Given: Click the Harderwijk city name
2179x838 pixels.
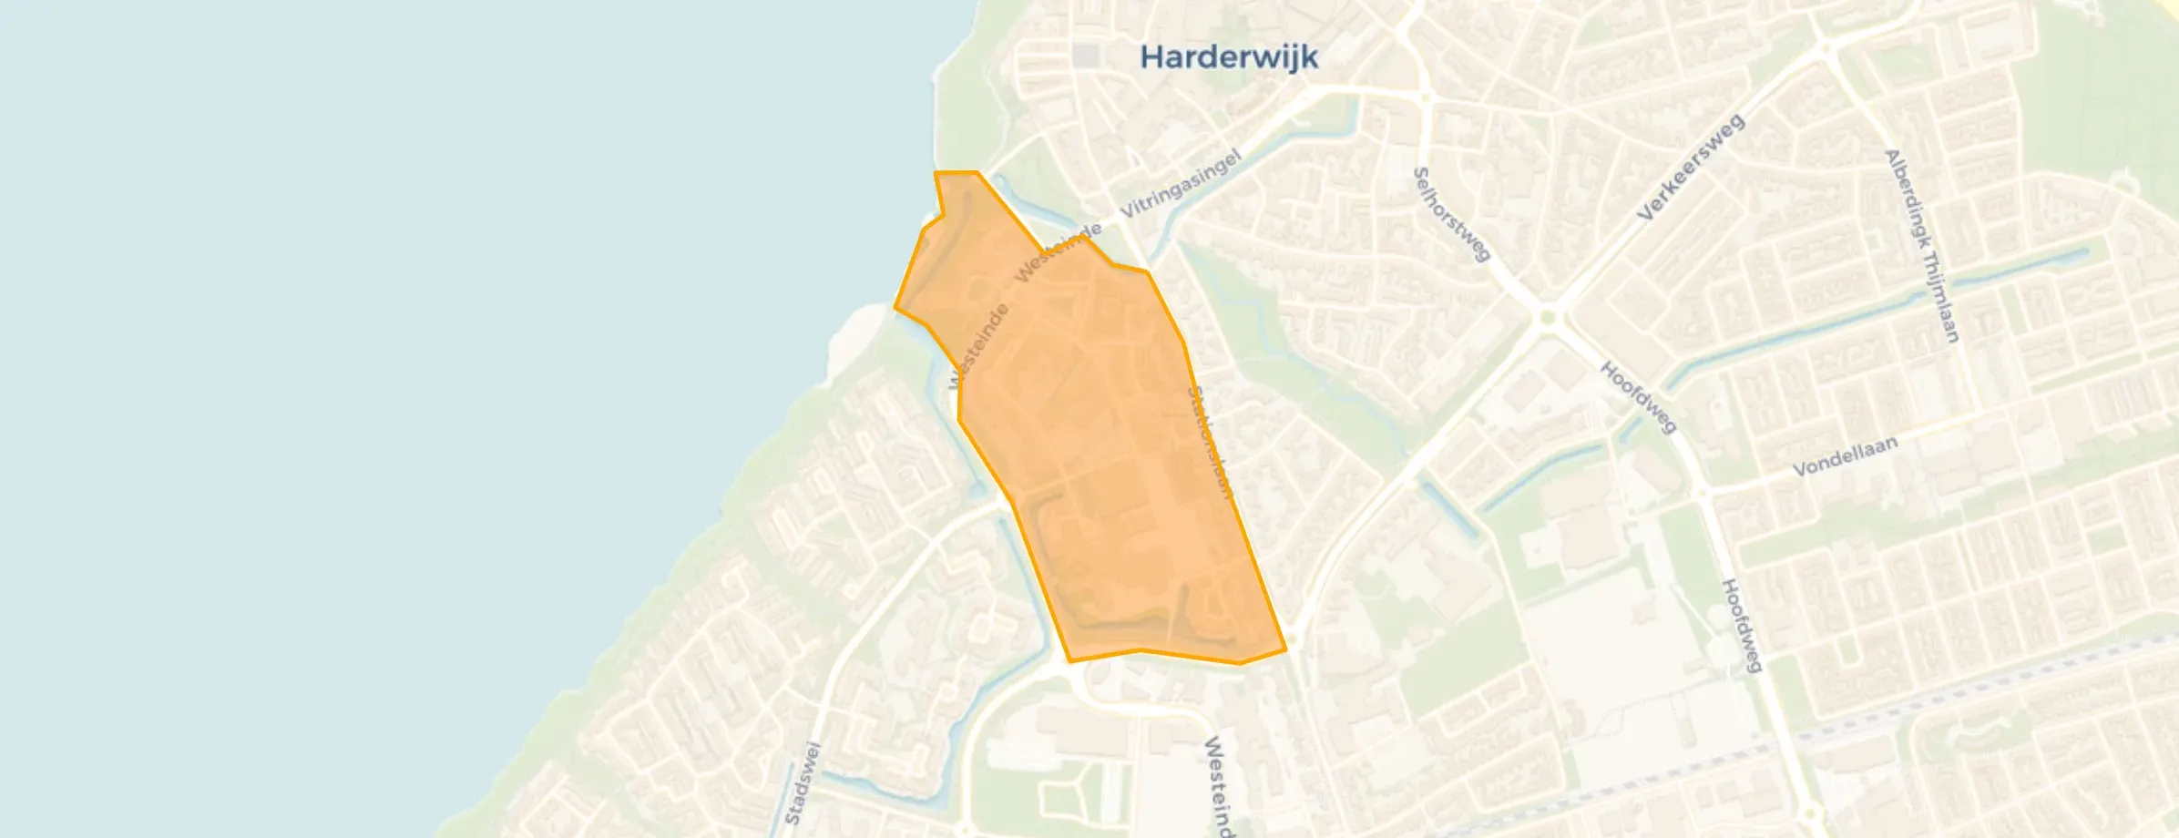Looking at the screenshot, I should tap(1229, 57).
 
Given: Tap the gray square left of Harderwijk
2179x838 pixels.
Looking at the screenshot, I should tap(1085, 56).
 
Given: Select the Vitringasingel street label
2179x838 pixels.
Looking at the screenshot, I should tap(1181, 185).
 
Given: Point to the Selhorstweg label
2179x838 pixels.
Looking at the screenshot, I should tap(1451, 215).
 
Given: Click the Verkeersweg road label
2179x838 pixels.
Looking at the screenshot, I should tap(1691, 168).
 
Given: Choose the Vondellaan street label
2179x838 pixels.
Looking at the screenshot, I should tap(1846, 455).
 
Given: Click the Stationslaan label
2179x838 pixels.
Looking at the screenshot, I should tap(1210, 442).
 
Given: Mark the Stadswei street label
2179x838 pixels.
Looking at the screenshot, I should tap(803, 783).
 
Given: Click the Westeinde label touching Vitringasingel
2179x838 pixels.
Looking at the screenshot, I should tap(1059, 252).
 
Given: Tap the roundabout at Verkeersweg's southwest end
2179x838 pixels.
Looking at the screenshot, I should tap(1545, 319).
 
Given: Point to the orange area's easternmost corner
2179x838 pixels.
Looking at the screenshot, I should tap(1285, 649).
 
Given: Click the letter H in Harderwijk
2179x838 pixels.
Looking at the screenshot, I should tap(1151, 57).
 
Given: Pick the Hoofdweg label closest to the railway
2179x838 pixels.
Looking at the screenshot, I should tap(1741, 626).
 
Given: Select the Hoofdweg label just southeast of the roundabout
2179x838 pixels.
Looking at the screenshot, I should tap(1638, 398).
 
